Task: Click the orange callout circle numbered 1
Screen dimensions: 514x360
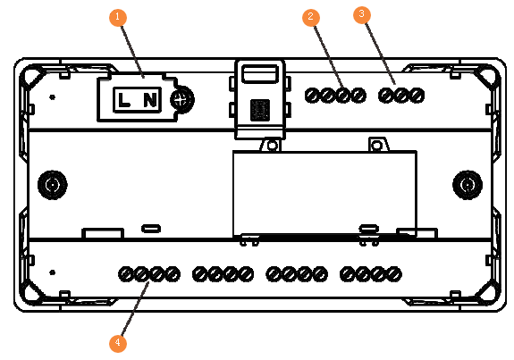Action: [118, 17]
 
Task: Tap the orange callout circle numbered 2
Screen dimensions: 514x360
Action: [311, 17]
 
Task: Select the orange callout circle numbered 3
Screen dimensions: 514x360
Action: [362, 15]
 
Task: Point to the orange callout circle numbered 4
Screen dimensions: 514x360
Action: [118, 343]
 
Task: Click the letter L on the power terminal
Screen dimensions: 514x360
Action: [123, 100]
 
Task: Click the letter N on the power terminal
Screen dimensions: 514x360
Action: [150, 100]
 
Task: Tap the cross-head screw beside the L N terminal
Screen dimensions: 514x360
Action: [182, 99]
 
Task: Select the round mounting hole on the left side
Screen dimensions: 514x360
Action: [53, 185]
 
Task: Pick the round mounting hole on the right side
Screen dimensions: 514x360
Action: [468, 185]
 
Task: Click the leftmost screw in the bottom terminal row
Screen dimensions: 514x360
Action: [125, 274]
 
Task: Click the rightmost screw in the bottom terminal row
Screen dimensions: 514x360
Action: [394, 274]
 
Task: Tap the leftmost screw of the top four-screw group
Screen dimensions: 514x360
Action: [312, 96]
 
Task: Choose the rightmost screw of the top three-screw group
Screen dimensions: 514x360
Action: [417, 96]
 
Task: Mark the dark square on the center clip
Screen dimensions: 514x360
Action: [260, 110]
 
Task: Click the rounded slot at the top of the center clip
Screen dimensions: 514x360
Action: [260, 74]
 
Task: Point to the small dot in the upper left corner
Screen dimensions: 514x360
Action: [52, 97]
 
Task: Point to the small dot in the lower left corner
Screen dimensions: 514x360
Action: [52, 272]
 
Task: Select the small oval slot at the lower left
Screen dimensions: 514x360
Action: [151, 229]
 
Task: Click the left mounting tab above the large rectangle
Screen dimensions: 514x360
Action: [271, 145]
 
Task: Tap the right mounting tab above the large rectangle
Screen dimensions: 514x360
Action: [378, 145]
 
